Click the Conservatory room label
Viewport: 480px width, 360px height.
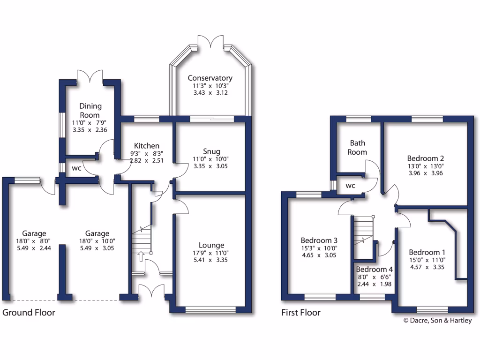[210, 78]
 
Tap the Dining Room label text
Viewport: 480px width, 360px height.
[90, 111]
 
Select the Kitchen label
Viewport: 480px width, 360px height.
[147, 146]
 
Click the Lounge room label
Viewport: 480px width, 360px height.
[211, 245]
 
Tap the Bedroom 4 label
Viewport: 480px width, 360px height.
[374, 270]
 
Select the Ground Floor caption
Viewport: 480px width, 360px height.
[29, 312]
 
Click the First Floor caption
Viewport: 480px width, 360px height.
[301, 312]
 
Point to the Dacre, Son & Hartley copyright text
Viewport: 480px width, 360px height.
[437, 321]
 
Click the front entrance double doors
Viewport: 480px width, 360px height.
[151, 292]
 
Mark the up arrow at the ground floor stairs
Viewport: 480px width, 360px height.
[141, 256]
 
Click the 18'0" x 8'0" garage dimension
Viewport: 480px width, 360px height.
[33, 242]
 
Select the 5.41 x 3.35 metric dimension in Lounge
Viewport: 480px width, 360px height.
[211, 260]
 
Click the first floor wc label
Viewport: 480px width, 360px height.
[350, 186]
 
